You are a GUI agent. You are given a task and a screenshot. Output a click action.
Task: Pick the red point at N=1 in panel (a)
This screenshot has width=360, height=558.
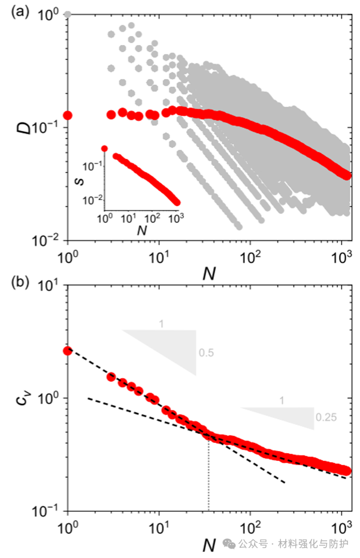[x=68, y=115]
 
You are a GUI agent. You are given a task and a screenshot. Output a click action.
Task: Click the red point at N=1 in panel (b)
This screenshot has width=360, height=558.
[x=68, y=351]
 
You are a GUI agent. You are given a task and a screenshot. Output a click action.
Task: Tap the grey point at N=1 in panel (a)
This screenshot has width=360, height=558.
[x=68, y=14]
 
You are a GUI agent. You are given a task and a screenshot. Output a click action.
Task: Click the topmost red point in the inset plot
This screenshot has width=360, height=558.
[x=104, y=148]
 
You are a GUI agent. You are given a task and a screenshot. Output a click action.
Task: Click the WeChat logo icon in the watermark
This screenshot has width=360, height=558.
[x=229, y=543]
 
